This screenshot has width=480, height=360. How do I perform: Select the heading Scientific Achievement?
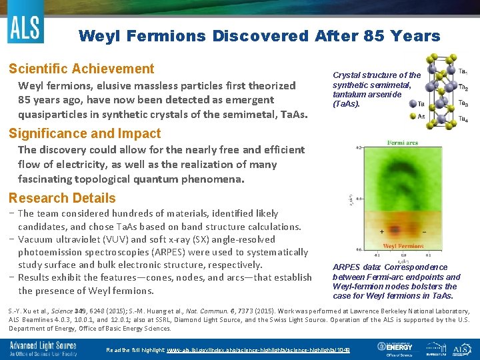(x=81, y=69)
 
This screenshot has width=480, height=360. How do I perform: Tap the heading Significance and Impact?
(x=84, y=133)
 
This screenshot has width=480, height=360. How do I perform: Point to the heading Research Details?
(x=61, y=198)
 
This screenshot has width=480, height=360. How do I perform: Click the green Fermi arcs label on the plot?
(x=403, y=142)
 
